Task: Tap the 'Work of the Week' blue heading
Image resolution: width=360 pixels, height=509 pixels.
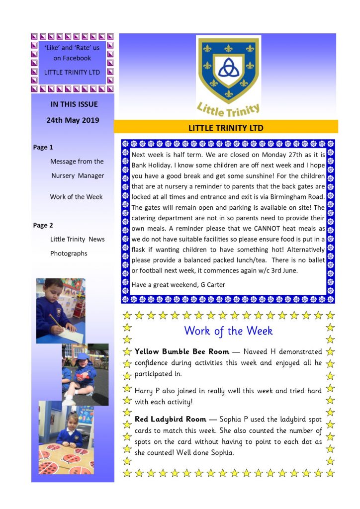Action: pos(228,331)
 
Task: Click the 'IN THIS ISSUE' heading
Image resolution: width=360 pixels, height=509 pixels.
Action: pos(74,104)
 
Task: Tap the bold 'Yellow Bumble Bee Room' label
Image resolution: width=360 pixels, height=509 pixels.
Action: pos(182,351)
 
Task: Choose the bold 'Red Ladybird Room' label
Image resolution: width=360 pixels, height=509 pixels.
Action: pos(171,420)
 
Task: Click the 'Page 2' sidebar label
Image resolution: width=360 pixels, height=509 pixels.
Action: pos(43,225)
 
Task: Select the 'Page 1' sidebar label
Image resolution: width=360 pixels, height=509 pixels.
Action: pos(43,147)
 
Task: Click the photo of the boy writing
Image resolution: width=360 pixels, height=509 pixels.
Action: pos(61,311)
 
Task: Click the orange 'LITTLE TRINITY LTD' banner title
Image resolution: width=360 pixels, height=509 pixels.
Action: pos(226,128)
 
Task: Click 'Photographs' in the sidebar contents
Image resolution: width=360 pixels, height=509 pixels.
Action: pos(69,254)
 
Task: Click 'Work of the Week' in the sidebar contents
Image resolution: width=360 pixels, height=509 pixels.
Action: pos(76,197)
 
